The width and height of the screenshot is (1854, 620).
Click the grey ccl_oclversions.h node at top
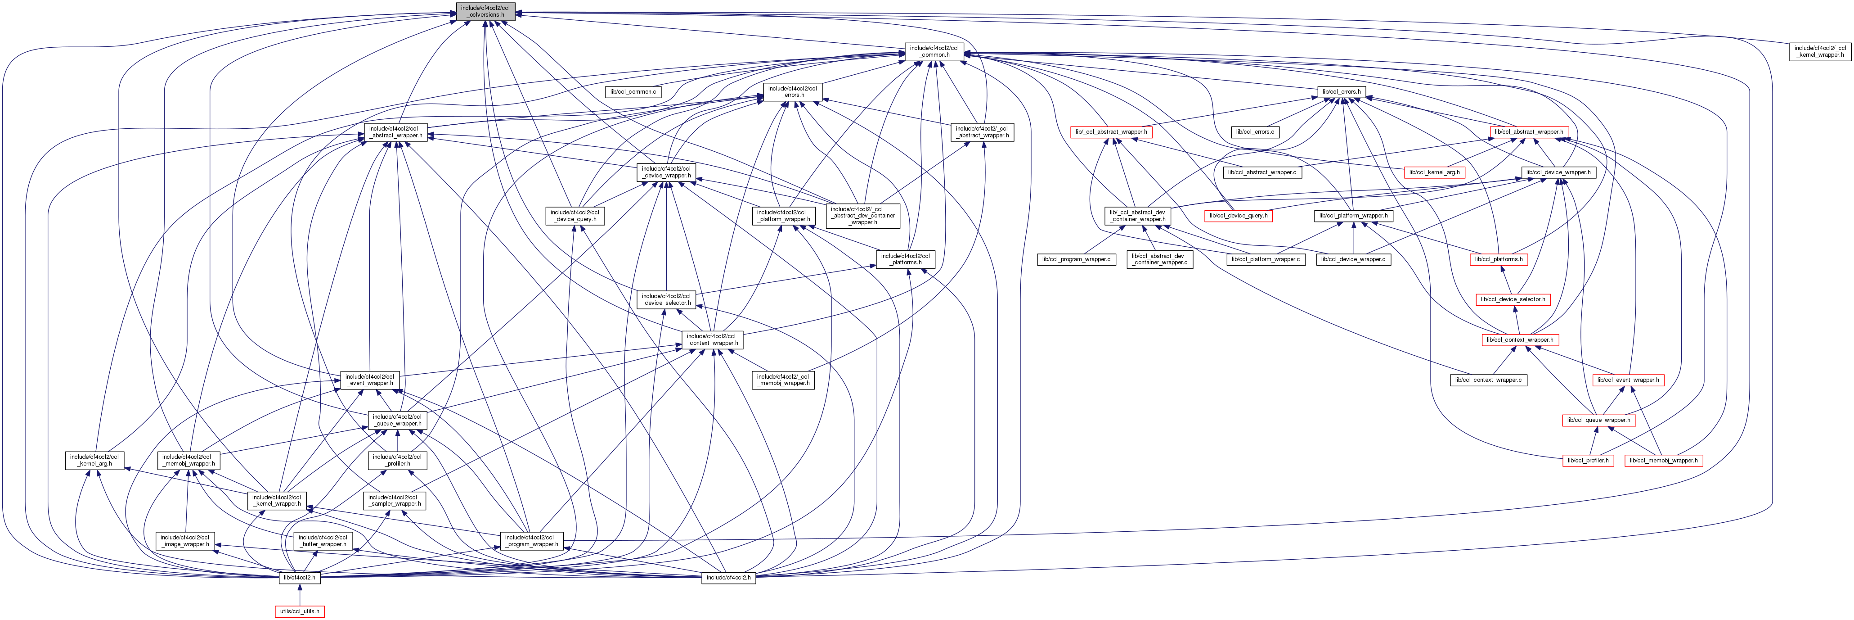click(x=485, y=11)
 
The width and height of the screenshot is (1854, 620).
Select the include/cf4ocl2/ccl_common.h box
click(x=934, y=51)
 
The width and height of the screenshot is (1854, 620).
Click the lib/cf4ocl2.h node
click(x=300, y=578)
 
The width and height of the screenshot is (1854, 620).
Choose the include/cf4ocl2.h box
click(x=728, y=578)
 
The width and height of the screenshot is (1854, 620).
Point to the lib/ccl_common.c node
click(x=633, y=91)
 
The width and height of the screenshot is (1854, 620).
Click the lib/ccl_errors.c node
click(x=1254, y=132)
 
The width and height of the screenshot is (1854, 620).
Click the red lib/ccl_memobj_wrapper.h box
click(x=1663, y=460)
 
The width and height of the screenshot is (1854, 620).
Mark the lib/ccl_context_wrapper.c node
click(x=1488, y=380)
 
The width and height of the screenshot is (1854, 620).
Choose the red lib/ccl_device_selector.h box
click(x=1513, y=299)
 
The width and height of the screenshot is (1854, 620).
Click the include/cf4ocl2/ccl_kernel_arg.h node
click(x=94, y=460)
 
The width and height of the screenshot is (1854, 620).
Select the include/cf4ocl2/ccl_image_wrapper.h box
click(x=185, y=541)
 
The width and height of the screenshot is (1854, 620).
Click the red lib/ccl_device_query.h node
click(x=1238, y=215)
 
